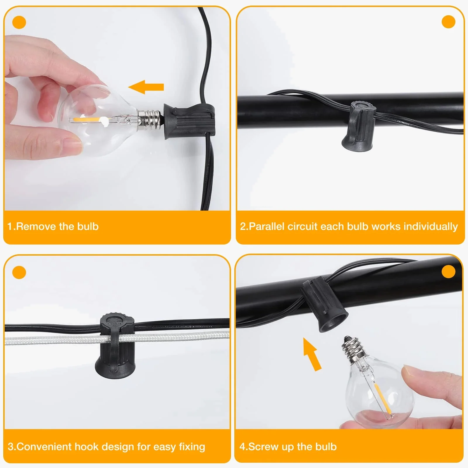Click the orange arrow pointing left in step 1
point(146,87)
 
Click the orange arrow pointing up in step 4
point(312,354)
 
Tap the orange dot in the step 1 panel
point(19,23)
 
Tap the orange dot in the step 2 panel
point(448,22)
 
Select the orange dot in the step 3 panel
point(19,273)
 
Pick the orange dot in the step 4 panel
point(448,272)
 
